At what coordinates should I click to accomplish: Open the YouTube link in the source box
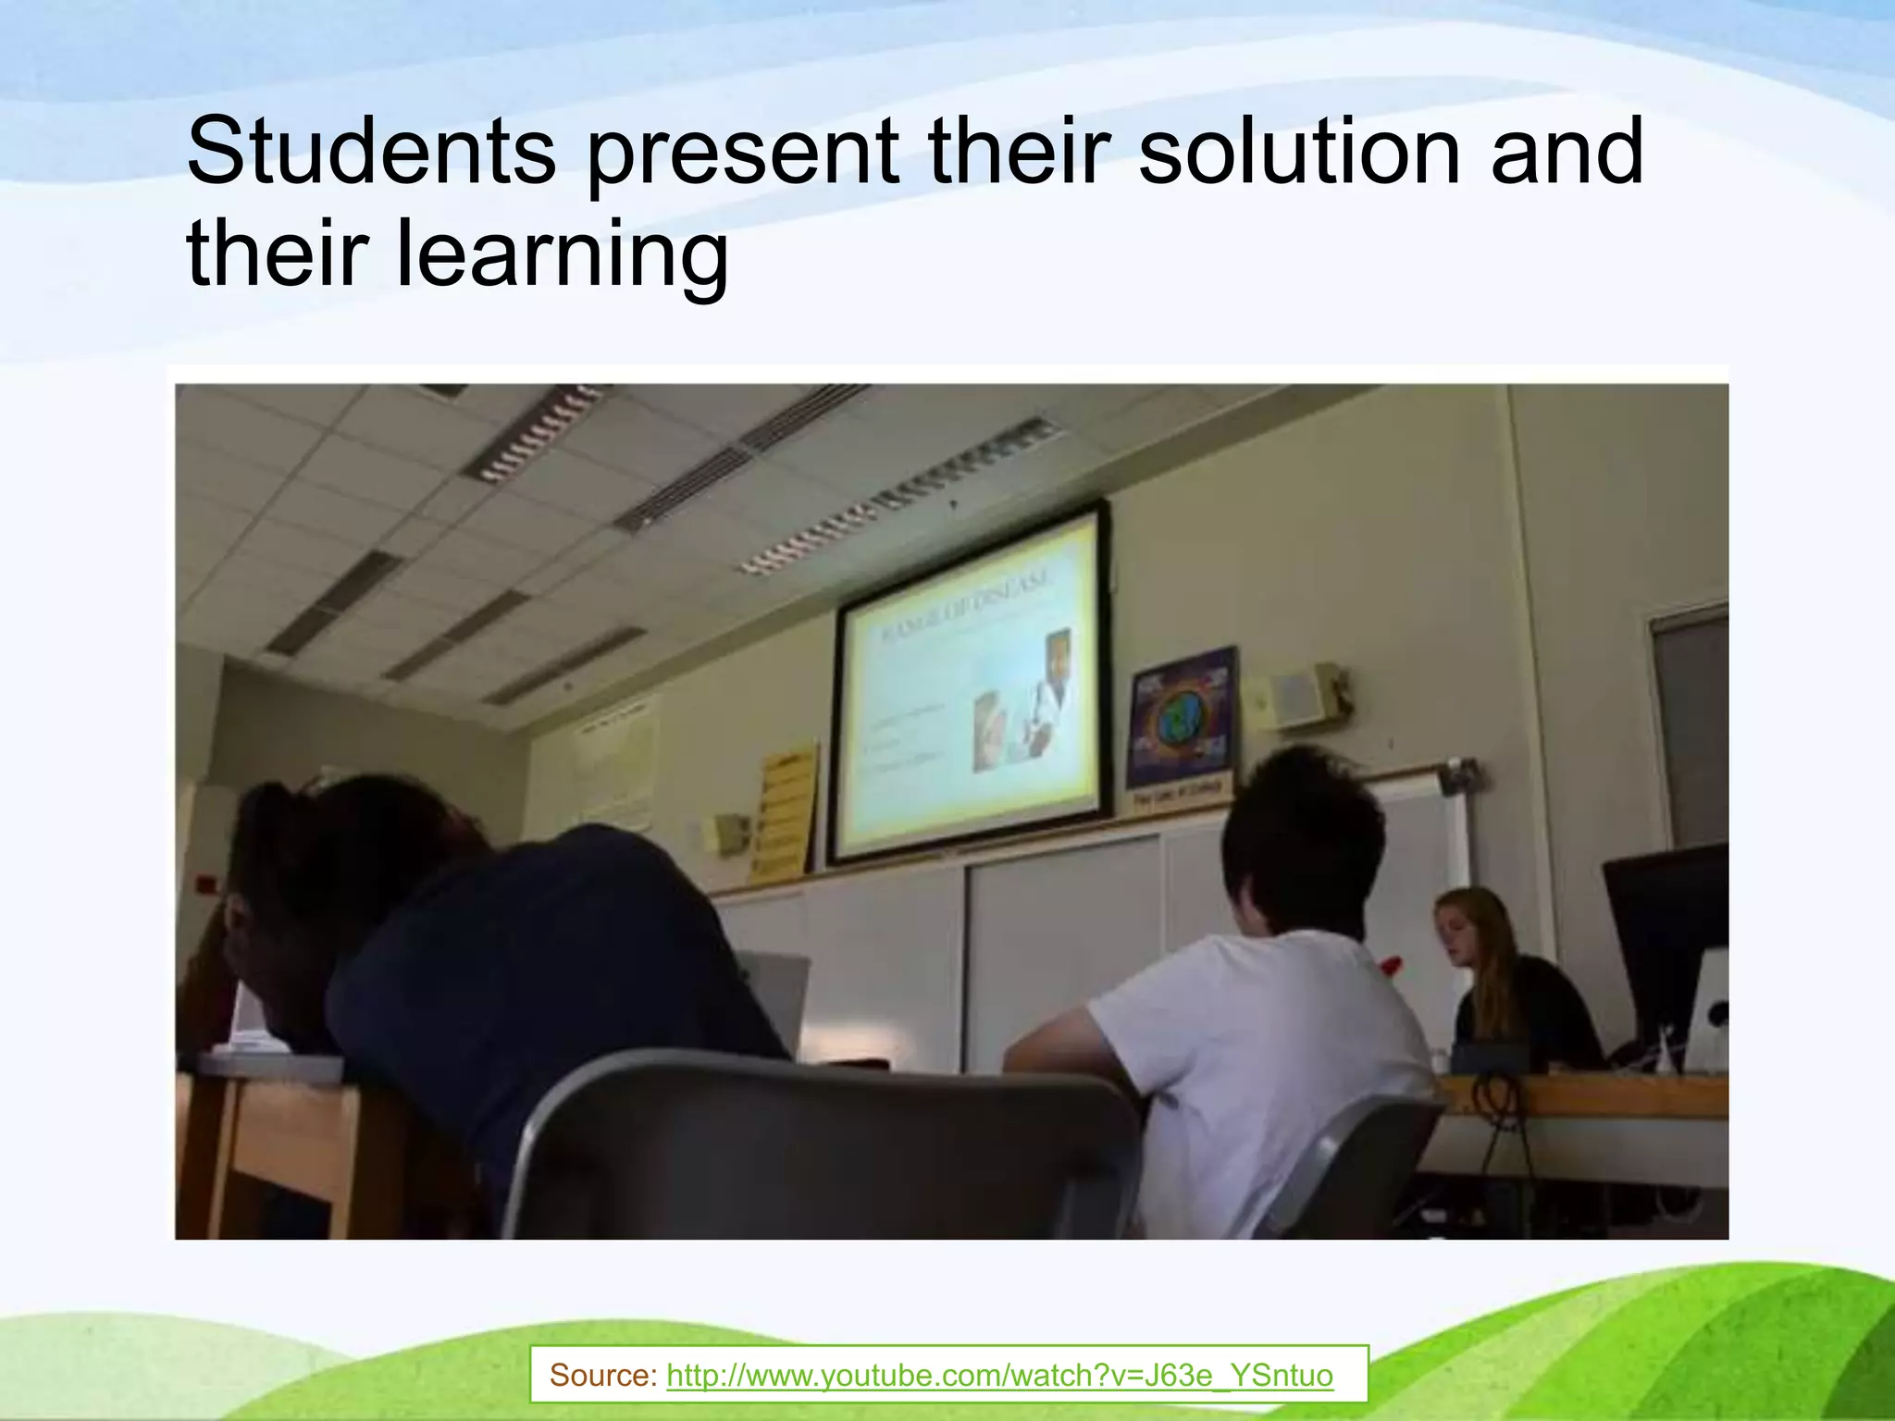(999, 1376)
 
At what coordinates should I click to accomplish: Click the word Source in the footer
(601, 1376)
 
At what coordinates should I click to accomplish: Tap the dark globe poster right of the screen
(1182, 718)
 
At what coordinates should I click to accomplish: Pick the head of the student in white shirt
(1300, 837)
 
